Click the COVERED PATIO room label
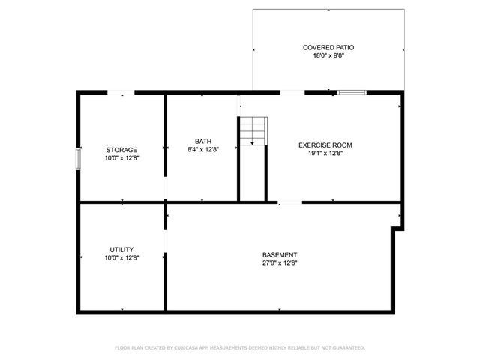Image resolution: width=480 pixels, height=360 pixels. (x=328, y=47)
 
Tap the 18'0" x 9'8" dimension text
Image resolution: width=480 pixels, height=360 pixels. (x=328, y=56)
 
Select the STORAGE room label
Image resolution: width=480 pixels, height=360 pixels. (x=121, y=150)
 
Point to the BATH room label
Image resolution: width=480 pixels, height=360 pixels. (x=202, y=141)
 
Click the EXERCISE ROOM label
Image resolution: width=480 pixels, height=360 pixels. (x=325, y=145)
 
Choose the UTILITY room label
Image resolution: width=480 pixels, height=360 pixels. (x=121, y=250)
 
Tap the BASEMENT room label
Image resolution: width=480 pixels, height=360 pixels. (x=280, y=254)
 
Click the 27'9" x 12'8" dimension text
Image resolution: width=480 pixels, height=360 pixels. (x=280, y=262)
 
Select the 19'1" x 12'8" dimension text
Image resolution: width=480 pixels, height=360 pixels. (x=325, y=154)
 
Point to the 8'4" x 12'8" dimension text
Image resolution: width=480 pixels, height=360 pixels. (x=202, y=150)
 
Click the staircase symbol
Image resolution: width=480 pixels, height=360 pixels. (x=253, y=131)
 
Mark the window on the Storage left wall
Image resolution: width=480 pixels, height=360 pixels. (x=78, y=160)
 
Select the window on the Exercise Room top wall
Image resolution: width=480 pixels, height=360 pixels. (x=351, y=92)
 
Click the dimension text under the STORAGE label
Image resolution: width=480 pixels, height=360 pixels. (x=121, y=158)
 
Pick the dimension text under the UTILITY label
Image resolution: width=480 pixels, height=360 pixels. (x=121, y=258)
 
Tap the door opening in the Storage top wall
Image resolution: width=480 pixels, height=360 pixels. (x=121, y=92)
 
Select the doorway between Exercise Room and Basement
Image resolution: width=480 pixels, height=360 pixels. (x=290, y=202)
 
